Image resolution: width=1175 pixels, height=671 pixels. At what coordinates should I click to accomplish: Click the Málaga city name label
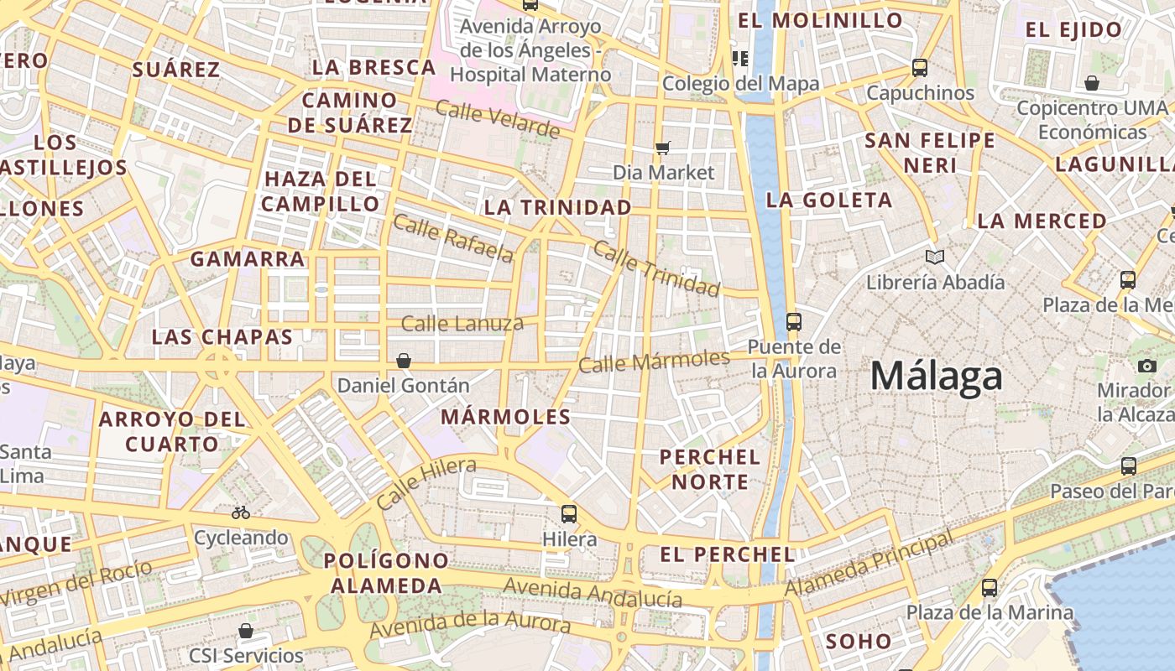[x=936, y=377]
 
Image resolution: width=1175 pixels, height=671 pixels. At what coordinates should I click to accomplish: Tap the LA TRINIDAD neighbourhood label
[x=558, y=207]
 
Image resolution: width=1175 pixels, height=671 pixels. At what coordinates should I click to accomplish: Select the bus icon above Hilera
[x=569, y=514]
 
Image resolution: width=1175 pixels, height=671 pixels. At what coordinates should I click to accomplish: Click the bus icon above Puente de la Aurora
[x=793, y=321]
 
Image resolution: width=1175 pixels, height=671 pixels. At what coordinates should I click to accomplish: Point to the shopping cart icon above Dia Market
[x=663, y=148]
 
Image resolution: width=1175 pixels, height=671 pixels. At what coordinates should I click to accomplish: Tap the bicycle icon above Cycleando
[x=241, y=512]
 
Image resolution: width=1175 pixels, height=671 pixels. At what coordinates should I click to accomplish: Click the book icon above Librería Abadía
[x=935, y=257]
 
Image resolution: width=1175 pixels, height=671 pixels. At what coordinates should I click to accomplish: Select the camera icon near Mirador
[x=1147, y=366]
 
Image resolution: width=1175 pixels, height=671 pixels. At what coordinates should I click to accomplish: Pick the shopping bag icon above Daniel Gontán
[x=404, y=361]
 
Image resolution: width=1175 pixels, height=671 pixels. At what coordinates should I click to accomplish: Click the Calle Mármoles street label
[x=654, y=362]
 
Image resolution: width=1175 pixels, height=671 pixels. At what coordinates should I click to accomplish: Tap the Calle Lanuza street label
[x=462, y=324]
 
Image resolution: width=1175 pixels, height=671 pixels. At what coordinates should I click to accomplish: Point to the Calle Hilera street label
[x=426, y=483]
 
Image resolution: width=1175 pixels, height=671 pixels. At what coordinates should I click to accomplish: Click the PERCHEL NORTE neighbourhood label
[x=709, y=470]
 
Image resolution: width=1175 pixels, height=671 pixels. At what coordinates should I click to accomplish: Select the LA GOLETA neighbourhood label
[x=829, y=200]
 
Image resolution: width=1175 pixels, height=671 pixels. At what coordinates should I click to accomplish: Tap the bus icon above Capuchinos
[x=920, y=68]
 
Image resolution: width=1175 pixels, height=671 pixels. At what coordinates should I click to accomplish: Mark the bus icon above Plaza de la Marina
[x=990, y=588]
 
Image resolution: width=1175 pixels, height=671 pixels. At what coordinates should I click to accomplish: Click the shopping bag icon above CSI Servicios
[x=246, y=631]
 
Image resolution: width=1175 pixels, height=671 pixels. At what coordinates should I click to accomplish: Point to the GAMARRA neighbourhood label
[x=248, y=259]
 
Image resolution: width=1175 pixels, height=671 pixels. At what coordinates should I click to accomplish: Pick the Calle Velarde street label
[x=498, y=119]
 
